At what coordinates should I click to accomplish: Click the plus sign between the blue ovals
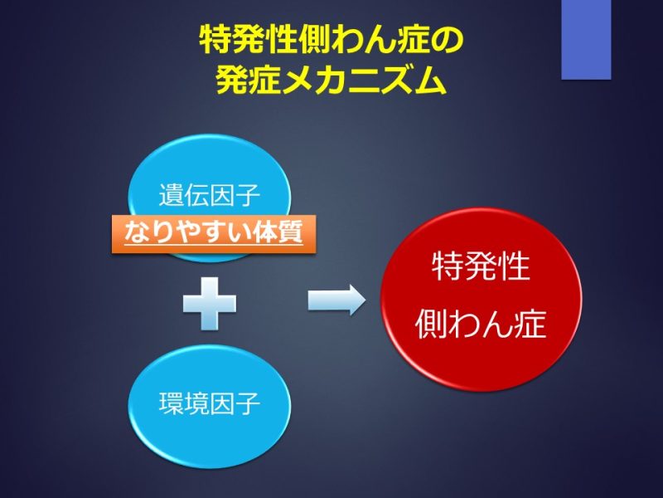pyautogui.click(x=210, y=303)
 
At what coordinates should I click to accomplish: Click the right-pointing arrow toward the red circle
pyautogui.click(x=336, y=300)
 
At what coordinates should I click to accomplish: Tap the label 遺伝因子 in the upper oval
pyautogui.click(x=210, y=195)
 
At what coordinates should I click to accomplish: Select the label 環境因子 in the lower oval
pyautogui.click(x=210, y=403)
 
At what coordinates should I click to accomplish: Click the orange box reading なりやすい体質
pyautogui.click(x=214, y=234)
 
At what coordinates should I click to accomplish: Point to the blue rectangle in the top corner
pyautogui.click(x=586, y=39)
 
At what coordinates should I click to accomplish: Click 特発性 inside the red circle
pyautogui.click(x=481, y=266)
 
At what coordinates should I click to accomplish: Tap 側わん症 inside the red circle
pyautogui.click(x=481, y=324)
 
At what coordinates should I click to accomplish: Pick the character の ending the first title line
pyautogui.click(x=448, y=41)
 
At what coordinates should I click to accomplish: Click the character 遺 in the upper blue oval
pyautogui.click(x=172, y=195)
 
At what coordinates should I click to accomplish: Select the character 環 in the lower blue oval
pyautogui.click(x=172, y=403)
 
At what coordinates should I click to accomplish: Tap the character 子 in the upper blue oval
pyautogui.click(x=247, y=195)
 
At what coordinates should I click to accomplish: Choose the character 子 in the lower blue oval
pyautogui.click(x=247, y=403)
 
